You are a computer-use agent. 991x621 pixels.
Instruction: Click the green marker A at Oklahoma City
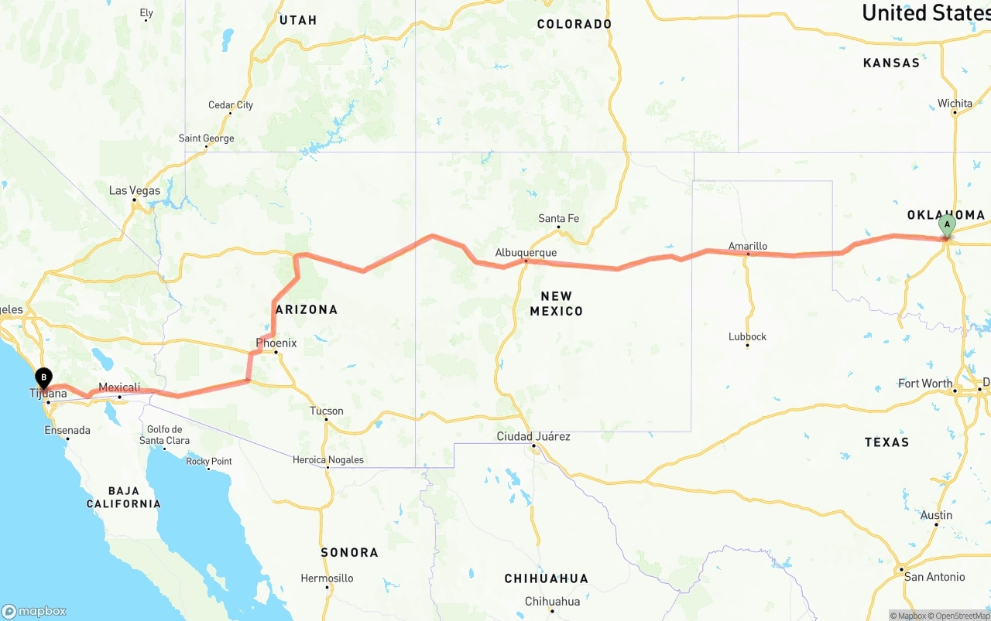tap(946, 226)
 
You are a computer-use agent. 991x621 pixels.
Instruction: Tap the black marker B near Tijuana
tap(44, 378)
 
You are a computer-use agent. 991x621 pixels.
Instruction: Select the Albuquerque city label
tap(526, 252)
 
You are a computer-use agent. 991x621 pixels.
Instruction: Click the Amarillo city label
tap(748, 246)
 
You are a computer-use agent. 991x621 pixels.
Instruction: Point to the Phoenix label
tap(276, 343)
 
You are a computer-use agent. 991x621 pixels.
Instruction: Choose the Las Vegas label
tap(135, 190)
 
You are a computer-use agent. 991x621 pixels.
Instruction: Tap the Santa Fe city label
tap(558, 218)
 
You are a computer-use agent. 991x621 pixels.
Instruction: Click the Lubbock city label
tap(747, 336)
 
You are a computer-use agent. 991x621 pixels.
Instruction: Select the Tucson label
tap(326, 411)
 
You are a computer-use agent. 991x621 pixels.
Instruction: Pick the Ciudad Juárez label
tap(533, 436)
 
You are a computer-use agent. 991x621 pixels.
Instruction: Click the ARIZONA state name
tap(307, 309)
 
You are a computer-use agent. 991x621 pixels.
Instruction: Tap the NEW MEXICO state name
tap(556, 303)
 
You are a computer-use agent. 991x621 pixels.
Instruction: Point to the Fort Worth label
tap(925, 383)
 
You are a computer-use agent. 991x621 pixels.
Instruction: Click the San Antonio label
tap(934, 576)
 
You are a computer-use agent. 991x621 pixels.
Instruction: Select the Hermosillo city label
tap(327, 578)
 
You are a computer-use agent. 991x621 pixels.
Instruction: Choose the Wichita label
tap(955, 103)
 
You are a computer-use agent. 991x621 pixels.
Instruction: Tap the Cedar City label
tap(231, 105)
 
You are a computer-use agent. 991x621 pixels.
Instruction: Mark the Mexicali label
tap(119, 387)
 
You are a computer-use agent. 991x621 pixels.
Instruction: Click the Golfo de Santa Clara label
tap(164, 435)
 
